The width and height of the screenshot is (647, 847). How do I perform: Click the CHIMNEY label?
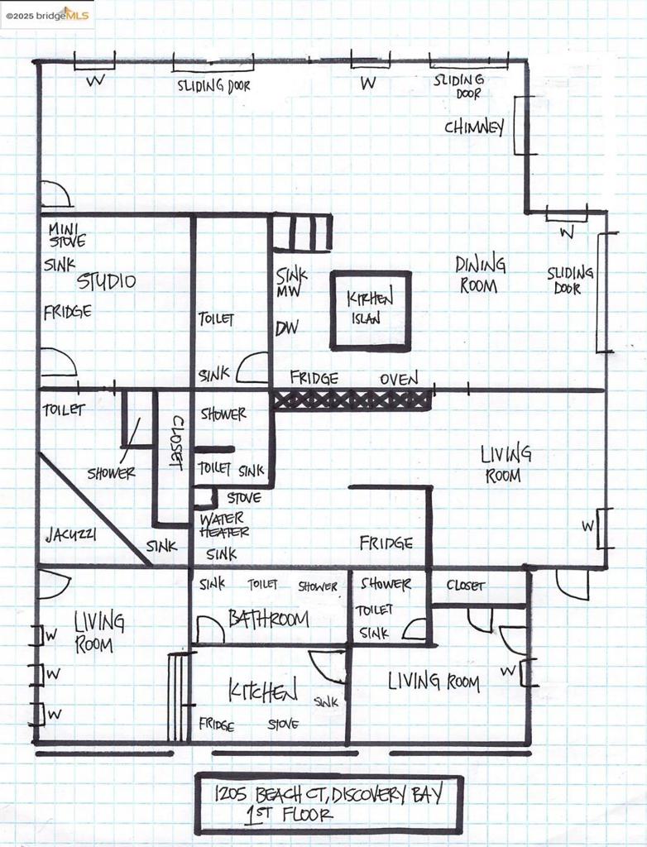pyautogui.click(x=473, y=127)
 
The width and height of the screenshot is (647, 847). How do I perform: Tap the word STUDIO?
pyautogui.click(x=106, y=281)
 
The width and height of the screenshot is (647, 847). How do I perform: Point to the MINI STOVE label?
pyautogui.click(x=66, y=236)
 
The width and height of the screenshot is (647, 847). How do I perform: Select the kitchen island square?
pyautogui.click(x=370, y=310)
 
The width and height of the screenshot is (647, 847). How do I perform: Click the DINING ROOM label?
pyautogui.click(x=480, y=275)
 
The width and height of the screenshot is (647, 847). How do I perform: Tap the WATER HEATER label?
pyautogui.click(x=224, y=526)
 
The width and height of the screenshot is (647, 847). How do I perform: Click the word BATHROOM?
pyautogui.click(x=268, y=619)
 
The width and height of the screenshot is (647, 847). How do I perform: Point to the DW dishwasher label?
pyautogui.click(x=286, y=328)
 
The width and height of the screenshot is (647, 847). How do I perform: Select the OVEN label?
pyautogui.click(x=399, y=379)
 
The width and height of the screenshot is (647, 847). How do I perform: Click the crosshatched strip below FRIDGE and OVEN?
pyautogui.click(x=352, y=400)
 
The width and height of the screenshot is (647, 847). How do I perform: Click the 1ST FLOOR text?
pyautogui.click(x=289, y=816)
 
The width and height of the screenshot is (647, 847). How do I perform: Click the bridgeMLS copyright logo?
pyautogui.click(x=48, y=15)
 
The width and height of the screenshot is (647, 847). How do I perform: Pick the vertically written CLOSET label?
pyautogui.click(x=175, y=442)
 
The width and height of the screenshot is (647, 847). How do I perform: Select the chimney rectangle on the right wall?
pyautogui.click(x=524, y=125)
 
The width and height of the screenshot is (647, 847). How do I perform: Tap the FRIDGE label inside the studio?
pyautogui.click(x=67, y=312)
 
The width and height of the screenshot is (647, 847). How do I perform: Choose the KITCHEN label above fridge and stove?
pyautogui.click(x=263, y=691)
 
